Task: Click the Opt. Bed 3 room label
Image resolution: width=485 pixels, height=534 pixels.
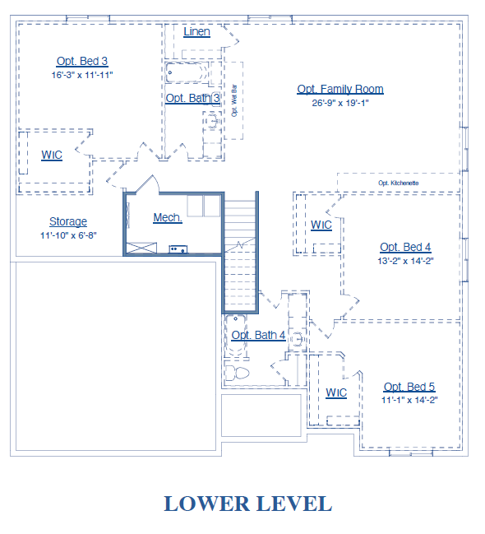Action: [82, 62]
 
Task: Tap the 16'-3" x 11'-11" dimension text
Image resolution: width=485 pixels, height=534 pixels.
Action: [82, 75]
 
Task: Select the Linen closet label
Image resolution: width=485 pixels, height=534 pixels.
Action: [196, 31]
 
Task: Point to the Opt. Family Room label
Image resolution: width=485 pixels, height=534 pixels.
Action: [340, 89]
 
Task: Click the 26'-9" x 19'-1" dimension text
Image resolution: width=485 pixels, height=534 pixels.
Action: [340, 103]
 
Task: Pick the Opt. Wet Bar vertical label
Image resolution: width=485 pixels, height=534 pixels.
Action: [234, 100]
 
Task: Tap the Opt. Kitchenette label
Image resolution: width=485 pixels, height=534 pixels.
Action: [398, 183]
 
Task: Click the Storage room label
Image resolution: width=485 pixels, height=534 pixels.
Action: [68, 221]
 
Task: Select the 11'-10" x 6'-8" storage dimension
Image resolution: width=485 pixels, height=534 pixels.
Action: [68, 235]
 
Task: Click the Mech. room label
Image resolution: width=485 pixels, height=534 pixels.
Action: [168, 217]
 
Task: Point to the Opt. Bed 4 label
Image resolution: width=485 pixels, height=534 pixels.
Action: [405, 247]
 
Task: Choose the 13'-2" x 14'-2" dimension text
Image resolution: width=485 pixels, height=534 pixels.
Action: [405, 261]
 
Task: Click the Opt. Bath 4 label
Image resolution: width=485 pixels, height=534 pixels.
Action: [258, 335]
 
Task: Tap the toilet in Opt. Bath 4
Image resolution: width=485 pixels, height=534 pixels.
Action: [238, 373]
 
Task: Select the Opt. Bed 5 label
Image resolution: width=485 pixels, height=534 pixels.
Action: [409, 387]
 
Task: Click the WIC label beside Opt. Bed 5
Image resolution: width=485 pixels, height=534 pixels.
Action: [336, 392]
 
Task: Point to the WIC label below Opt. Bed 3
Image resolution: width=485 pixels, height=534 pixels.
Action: [52, 155]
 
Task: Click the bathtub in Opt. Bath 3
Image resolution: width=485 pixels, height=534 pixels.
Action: [187, 72]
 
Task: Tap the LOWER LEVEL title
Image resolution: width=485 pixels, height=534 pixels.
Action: [248, 504]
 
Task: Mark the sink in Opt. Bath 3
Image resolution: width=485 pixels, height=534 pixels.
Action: [213, 121]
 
